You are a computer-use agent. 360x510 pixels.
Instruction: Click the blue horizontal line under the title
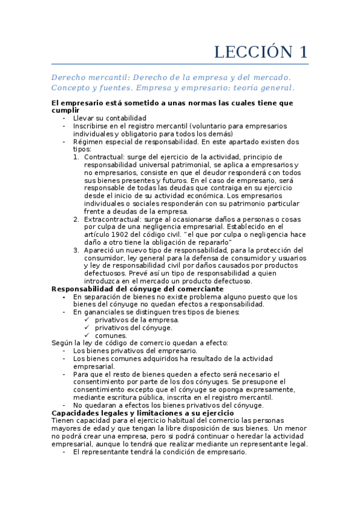click(180, 64)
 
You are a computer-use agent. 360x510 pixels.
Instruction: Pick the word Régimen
click(88, 142)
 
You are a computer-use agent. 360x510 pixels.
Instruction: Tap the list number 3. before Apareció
click(76, 250)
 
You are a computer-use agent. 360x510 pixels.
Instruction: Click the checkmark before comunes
click(87, 335)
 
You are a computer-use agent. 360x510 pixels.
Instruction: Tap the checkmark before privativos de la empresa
click(87, 320)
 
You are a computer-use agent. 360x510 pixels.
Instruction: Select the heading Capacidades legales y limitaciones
click(142, 413)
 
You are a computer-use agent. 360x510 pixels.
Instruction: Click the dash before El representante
click(64, 452)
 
